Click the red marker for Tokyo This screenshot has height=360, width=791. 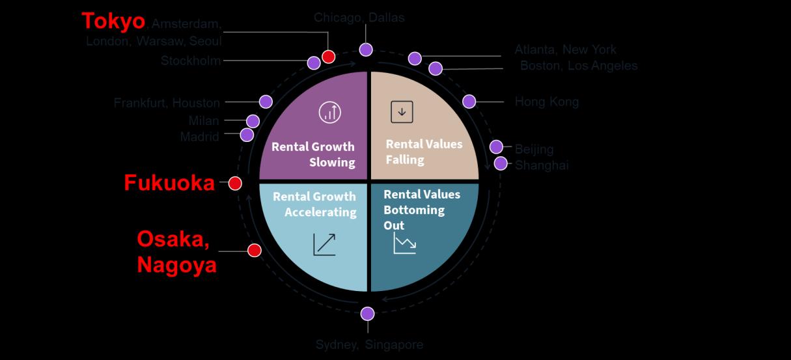[x=329, y=57]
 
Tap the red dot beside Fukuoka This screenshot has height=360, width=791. [x=235, y=184]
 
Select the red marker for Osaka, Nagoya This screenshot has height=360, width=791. [x=255, y=250]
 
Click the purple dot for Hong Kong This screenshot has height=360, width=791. [x=469, y=101]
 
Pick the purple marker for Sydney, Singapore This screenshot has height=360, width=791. [x=368, y=314]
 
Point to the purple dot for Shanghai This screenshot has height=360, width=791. [x=501, y=163]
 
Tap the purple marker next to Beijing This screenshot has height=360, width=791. [x=496, y=147]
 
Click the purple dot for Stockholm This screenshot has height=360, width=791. [x=314, y=62]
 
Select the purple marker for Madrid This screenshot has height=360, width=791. [x=247, y=135]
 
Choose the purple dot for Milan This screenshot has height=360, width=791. [x=253, y=121]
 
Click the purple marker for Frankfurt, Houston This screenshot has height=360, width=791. [x=266, y=102]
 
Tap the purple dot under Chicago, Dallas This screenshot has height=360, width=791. [x=366, y=49]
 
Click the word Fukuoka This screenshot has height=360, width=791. [x=169, y=184]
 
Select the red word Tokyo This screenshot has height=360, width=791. [x=113, y=21]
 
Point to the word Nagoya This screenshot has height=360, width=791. [x=176, y=265]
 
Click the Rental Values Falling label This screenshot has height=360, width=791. [x=424, y=151]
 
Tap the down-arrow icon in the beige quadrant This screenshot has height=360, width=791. [x=402, y=112]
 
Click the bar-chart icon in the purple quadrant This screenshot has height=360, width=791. [x=329, y=112]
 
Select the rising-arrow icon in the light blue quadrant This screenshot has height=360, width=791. [x=324, y=244]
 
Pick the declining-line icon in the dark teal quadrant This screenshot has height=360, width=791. [x=404, y=244]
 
